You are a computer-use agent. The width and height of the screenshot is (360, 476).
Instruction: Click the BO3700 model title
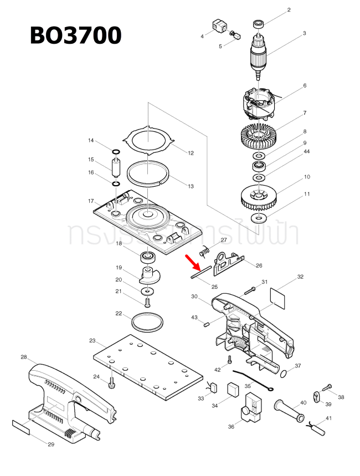tap(75, 35)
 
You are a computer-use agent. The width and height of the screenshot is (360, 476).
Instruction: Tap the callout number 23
tap(92, 340)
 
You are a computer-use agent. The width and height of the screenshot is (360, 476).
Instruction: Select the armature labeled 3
tap(259, 54)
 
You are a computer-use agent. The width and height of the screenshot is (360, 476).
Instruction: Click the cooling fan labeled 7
tap(258, 136)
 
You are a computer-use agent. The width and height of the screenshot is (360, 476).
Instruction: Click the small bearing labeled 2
tap(258, 24)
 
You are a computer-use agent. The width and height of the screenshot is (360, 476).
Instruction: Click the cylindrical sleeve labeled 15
tap(116, 167)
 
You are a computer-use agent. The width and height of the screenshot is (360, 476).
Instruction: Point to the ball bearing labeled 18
tap(147, 257)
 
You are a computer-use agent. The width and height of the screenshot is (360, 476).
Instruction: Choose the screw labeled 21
tap(147, 303)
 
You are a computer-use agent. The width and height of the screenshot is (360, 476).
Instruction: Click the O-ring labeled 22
tap(148, 321)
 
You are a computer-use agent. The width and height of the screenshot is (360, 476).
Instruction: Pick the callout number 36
tap(231, 427)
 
